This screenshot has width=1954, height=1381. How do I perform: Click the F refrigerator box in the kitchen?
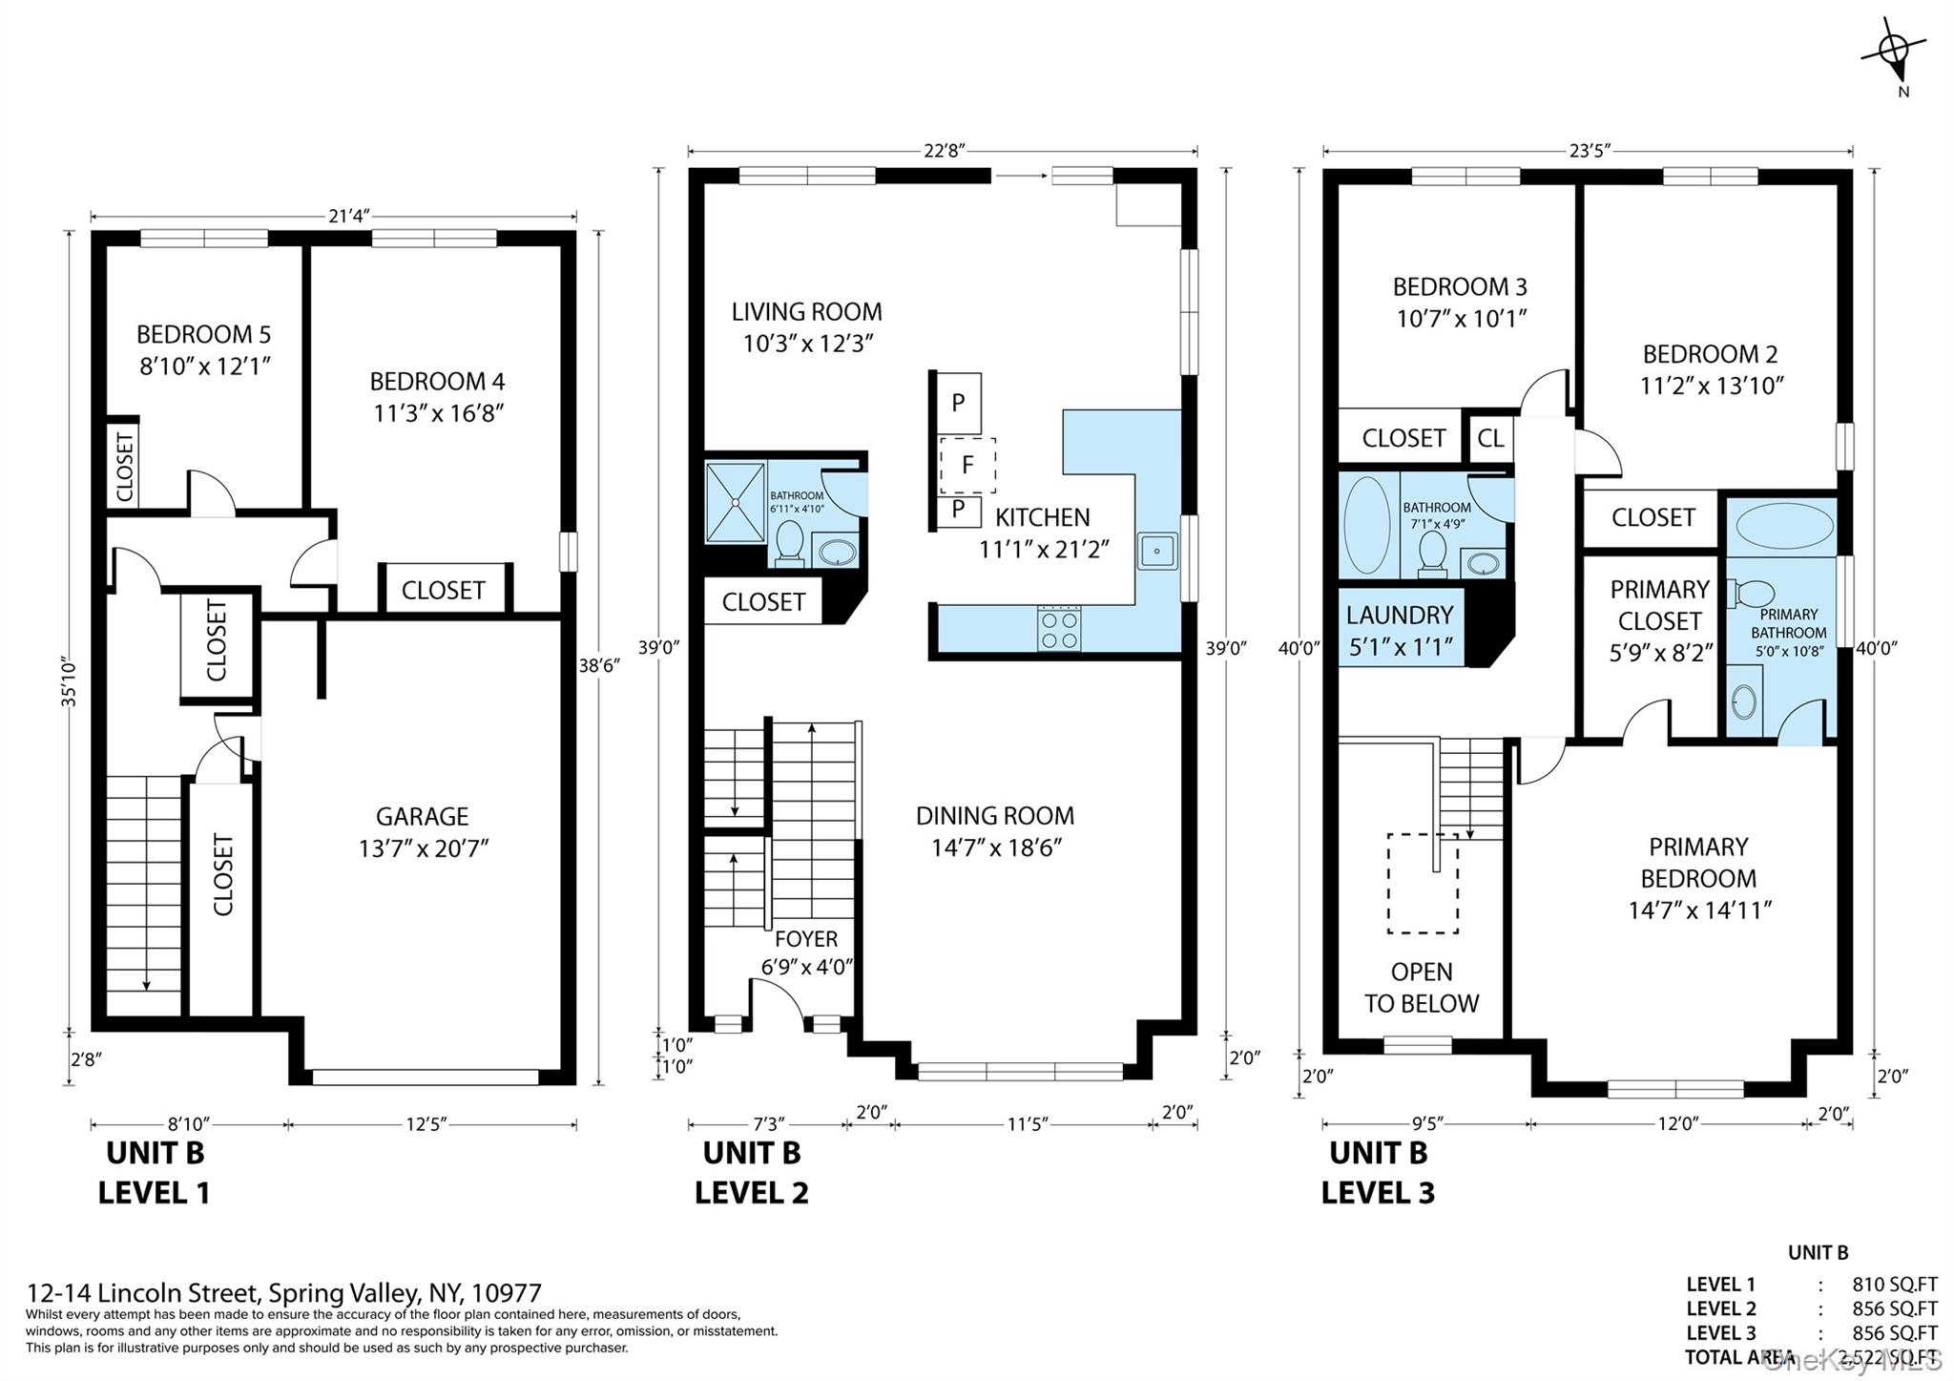pyautogui.click(x=967, y=465)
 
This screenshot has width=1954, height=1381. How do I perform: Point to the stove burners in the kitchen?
pyautogui.click(x=1059, y=629)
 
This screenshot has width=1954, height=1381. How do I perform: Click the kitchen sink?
pyautogui.click(x=1156, y=551)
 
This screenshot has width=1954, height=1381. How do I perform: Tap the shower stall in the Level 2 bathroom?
pyautogui.click(x=735, y=502)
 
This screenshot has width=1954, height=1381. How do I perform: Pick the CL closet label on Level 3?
pyautogui.click(x=1490, y=438)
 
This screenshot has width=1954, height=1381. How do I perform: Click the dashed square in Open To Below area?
pyautogui.click(x=1422, y=883)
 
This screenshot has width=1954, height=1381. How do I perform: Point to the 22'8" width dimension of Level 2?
pyautogui.click(x=944, y=151)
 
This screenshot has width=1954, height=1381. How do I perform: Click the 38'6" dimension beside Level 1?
pyautogui.click(x=599, y=665)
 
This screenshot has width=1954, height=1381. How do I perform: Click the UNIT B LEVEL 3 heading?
pyautogui.click(x=1378, y=1172)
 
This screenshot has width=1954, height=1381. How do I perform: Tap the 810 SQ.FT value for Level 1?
pyautogui.click(x=1894, y=1285)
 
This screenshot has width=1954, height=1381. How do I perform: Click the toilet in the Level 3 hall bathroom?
pyautogui.click(x=1432, y=554)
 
